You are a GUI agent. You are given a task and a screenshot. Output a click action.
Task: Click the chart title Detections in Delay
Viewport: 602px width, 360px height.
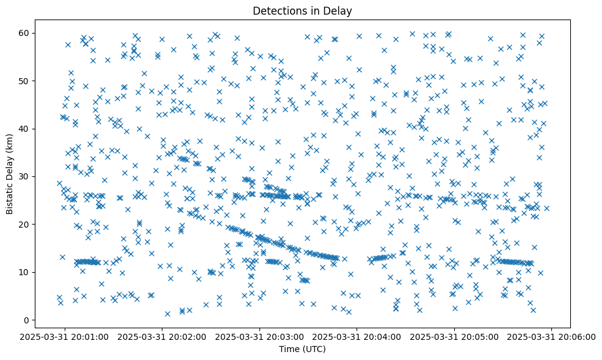302,10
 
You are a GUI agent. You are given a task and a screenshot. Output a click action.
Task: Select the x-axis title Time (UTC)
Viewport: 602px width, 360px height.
302,350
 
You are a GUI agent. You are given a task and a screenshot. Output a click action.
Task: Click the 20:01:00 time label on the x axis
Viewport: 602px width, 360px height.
65,336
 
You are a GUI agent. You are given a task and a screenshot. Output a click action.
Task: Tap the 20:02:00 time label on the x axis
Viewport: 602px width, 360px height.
162,336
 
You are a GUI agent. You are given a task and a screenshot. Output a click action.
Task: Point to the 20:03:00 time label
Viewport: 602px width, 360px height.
260,336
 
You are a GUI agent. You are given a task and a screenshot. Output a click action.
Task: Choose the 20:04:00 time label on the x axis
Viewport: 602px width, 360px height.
357,336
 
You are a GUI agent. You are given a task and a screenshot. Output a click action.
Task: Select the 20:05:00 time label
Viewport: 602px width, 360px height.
454,336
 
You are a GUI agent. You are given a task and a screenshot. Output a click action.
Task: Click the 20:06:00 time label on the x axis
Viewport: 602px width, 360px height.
552,336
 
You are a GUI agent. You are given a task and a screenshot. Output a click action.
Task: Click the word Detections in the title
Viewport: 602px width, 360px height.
278,10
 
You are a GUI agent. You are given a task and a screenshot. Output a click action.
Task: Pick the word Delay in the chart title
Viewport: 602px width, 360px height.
340,10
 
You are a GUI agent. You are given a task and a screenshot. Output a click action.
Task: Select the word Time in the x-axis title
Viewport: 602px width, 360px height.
289,350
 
